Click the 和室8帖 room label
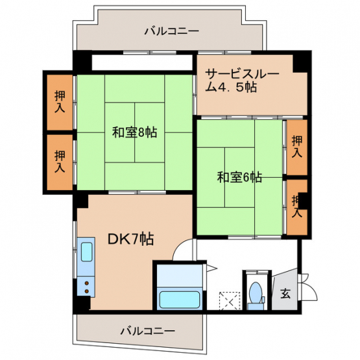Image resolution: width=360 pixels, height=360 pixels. pos(134,132)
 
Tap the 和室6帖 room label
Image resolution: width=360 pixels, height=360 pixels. pos(239,177)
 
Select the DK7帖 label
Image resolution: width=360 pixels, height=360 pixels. pos(130,239)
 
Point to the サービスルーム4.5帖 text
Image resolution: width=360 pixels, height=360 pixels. pos(242,80)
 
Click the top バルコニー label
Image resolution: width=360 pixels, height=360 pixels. pos(171,31)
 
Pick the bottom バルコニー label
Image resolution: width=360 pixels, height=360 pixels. pos(148,331)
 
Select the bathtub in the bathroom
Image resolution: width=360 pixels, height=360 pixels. pos(179,300)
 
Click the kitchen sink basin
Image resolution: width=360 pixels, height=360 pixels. pos(87,252)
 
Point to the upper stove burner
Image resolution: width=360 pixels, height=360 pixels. pos(86,283)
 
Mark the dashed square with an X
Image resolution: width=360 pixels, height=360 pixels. pos(230,301)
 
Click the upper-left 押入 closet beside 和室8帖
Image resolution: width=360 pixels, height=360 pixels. pos(60,102)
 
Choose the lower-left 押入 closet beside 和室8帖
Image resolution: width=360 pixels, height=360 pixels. pos(60,162)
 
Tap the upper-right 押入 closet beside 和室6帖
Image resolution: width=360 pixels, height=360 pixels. pos(297,147)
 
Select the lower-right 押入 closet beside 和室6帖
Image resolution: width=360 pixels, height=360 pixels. pos(297,207)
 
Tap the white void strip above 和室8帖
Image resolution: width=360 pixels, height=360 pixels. pos(142,62)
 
